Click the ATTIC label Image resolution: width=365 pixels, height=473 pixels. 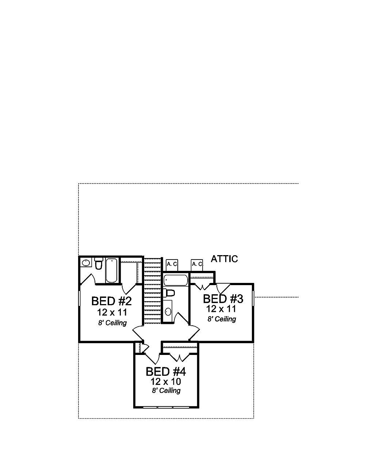pyautogui.click(x=224, y=259)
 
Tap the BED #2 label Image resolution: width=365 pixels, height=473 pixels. pyautogui.click(x=111, y=301)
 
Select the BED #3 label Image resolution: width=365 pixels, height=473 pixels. pyautogui.click(x=223, y=299)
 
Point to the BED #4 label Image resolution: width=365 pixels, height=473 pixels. pyautogui.click(x=166, y=371)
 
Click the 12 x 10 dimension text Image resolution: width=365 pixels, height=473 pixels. pyautogui.click(x=166, y=381)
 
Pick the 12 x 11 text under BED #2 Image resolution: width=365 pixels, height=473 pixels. pyautogui.click(x=112, y=312)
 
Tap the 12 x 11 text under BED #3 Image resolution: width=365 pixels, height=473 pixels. pyautogui.click(x=221, y=309)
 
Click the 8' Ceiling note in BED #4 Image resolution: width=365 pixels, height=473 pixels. pyautogui.click(x=166, y=390)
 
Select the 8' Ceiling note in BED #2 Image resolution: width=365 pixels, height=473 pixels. pyautogui.click(x=112, y=323)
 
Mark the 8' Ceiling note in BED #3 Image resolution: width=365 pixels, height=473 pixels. pyautogui.click(x=222, y=319)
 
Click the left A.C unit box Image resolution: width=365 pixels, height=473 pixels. pyautogui.click(x=172, y=264)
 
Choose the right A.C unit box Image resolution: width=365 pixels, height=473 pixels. pyautogui.click(x=197, y=264)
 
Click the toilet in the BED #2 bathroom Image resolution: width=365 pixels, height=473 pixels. pyautogui.click(x=99, y=263)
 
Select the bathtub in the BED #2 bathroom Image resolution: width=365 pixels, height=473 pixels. pyautogui.click(x=111, y=270)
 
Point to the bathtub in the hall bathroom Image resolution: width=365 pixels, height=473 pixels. pyautogui.click(x=176, y=280)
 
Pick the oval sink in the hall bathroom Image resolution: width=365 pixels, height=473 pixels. pyautogui.click(x=168, y=311)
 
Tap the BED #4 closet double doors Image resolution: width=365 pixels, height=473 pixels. pyautogui.click(x=180, y=356)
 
